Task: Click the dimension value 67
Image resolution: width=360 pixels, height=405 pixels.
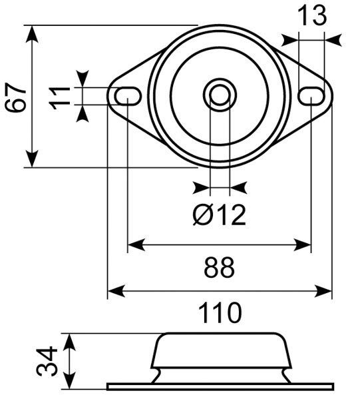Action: click(x=16, y=97)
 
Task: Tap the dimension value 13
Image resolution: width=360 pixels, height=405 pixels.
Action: click(x=311, y=15)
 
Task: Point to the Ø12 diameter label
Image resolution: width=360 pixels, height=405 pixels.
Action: click(x=220, y=214)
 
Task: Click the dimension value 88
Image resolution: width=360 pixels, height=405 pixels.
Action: click(x=220, y=268)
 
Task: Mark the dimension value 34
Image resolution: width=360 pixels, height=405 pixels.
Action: click(x=46, y=360)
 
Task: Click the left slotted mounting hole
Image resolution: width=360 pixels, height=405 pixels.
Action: click(x=126, y=96)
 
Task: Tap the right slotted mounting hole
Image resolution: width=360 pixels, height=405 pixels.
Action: click(x=311, y=96)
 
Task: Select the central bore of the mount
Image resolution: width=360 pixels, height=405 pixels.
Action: click(x=220, y=95)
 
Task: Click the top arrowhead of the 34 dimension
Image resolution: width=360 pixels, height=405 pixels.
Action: click(x=69, y=340)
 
